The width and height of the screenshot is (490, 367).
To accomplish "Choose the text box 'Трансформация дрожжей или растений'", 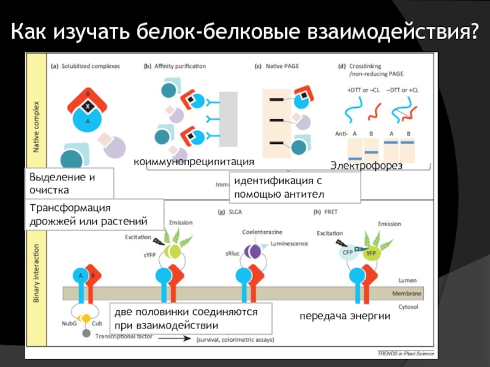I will pos(95,214).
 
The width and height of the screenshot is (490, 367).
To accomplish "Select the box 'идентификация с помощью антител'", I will pos(294,188).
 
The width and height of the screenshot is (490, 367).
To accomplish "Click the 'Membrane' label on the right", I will pos(407,294).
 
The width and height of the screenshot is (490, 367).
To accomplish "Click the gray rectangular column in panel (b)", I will pos(228,119).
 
